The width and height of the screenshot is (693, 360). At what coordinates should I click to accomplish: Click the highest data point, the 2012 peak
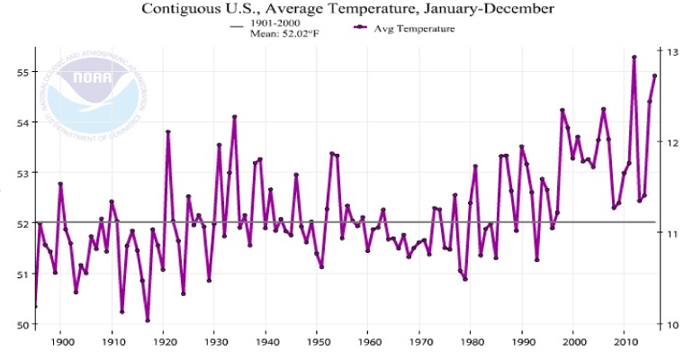pos(634,57)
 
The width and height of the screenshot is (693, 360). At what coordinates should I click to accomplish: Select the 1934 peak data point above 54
pos(235,116)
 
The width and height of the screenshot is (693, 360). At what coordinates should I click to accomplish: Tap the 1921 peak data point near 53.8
pos(168,132)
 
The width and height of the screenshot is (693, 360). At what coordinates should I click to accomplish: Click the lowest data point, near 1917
pos(148,320)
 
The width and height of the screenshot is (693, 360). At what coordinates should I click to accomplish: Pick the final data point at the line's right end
pos(655,76)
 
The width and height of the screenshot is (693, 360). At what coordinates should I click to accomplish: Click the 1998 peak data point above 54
pos(562,110)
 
